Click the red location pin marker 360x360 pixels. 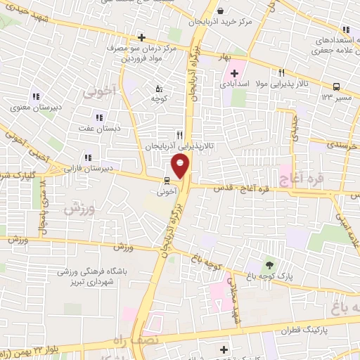(x=181, y=167)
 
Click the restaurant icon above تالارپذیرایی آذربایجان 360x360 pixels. (x=179, y=135)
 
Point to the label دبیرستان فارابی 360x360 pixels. (x=88, y=169)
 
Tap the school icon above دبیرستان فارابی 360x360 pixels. (x=88, y=158)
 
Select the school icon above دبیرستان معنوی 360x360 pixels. (x=35, y=97)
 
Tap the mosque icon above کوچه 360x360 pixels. (x=158, y=89)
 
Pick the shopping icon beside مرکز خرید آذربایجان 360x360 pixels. (x=220, y=11)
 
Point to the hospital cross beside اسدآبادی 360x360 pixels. (x=234, y=74)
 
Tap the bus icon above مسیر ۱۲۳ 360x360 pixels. (x=336, y=86)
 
